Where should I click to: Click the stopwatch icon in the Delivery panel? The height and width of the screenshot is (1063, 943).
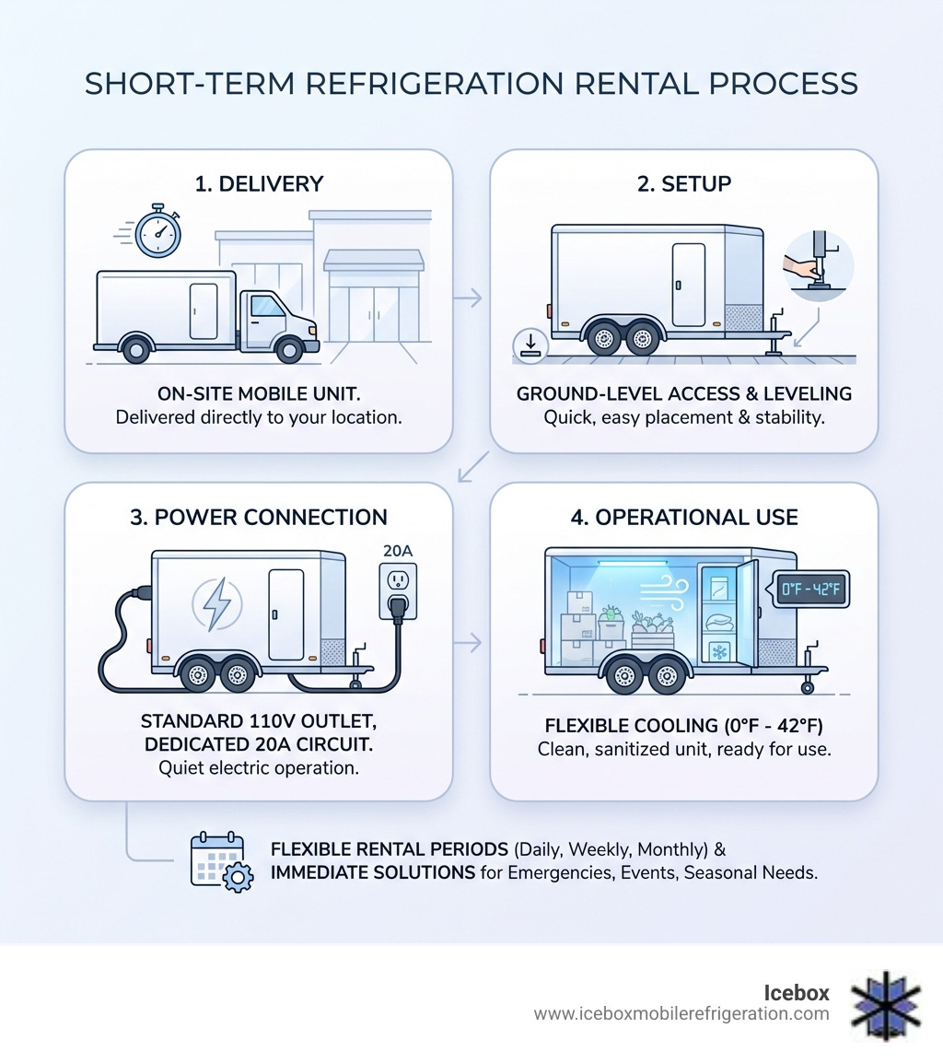pyautogui.click(x=157, y=231)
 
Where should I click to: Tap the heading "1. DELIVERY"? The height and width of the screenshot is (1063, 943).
pyautogui.click(x=259, y=183)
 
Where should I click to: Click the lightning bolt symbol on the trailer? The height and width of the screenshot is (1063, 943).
pyautogui.click(x=216, y=605)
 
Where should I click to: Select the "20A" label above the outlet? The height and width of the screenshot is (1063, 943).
pyautogui.click(x=399, y=551)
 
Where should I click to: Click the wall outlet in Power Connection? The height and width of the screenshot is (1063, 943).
pyautogui.click(x=399, y=590)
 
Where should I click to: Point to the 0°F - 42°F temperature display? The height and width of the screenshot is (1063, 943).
pyautogui.click(x=810, y=588)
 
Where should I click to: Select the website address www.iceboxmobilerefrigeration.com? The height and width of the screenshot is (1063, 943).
pyautogui.click(x=681, y=1014)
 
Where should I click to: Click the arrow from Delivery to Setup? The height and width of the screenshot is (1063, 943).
pyautogui.click(x=470, y=298)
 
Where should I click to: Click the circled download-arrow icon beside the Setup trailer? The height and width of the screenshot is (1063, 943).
pyautogui.click(x=531, y=345)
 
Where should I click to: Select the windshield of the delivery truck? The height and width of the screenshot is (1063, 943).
pyautogui.click(x=268, y=306)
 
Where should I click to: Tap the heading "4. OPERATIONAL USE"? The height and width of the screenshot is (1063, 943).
pyautogui.click(x=683, y=517)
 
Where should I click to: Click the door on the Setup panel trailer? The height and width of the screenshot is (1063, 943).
pyautogui.click(x=688, y=284)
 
